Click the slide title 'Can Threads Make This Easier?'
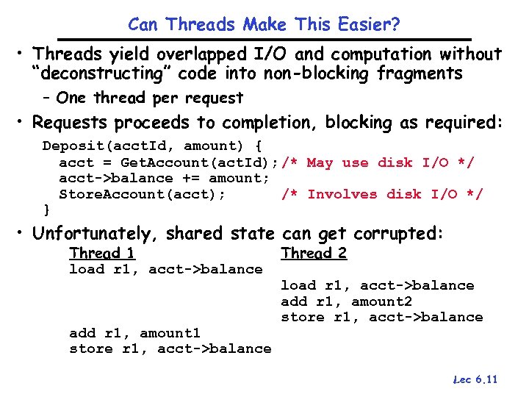(x=264, y=24)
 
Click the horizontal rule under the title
(x=264, y=39)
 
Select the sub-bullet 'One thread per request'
(x=149, y=98)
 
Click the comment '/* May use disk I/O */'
(x=378, y=162)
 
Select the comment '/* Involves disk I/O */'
(x=382, y=194)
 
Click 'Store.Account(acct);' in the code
(x=143, y=194)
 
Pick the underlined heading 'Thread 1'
(x=101, y=254)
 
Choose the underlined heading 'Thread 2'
(x=314, y=254)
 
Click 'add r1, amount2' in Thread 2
(x=346, y=301)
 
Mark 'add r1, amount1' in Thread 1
(x=134, y=333)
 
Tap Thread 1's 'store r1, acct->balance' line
(x=170, y=348)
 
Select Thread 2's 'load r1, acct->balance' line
(x=377, y=285)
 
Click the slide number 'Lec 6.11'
(x=475, y=379)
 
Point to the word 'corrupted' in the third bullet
(x=397, y=234)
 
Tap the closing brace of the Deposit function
(x=46, y=210)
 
